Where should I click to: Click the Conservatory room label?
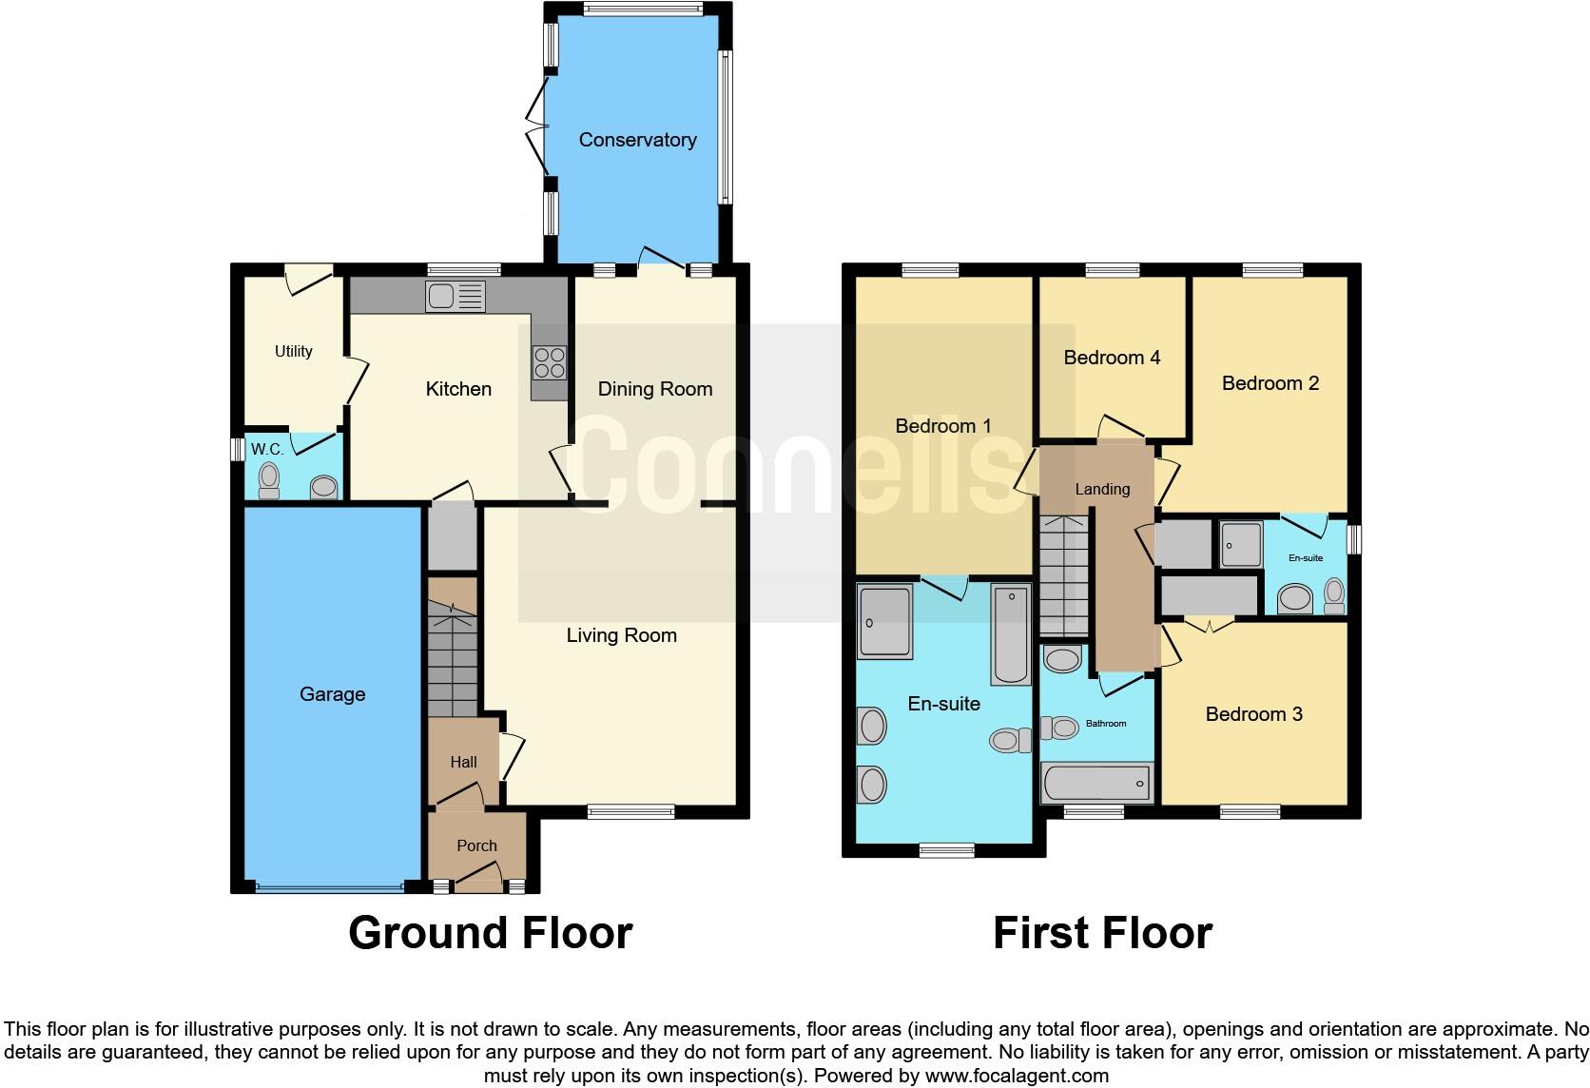tap(637, 140)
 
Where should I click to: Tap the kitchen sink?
tap(456, 297)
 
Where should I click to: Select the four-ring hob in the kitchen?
tap(550, 362)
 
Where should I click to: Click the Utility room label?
tap(293, 351)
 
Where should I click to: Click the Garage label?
tap(332, 694)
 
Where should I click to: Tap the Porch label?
tap(476, 845)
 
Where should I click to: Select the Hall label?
tap(463, 762)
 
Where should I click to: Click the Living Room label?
tap(621, 635)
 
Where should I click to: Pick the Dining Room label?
tap(654, 389)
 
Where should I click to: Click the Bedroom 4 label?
tap(1112, 358)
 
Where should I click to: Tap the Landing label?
tap(1102, 489)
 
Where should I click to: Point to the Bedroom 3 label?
tap(1253, 714)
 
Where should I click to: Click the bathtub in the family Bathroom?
tap(1096, 784)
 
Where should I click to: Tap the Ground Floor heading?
tap(490, 933)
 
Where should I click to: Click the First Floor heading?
tap(1102, 933)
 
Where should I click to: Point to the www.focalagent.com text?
tap(1017, 1076)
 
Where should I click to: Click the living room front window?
tap(630, 811)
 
